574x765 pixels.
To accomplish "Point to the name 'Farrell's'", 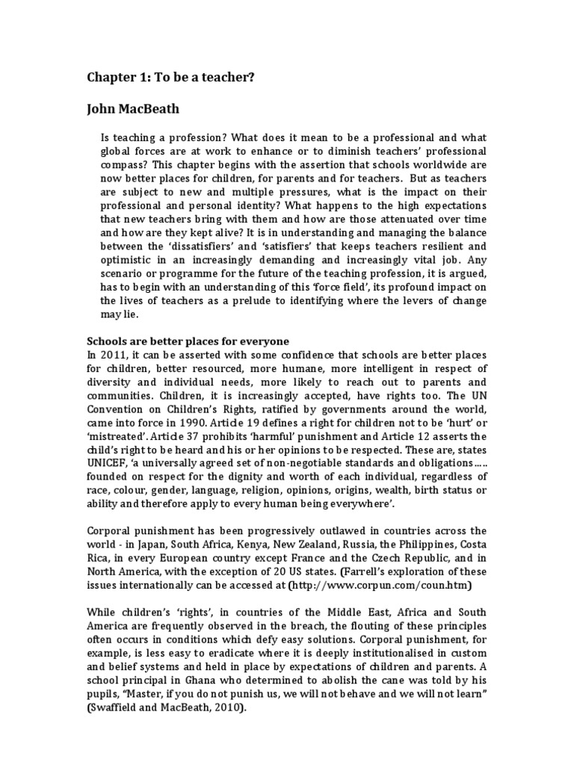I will point(405,570).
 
